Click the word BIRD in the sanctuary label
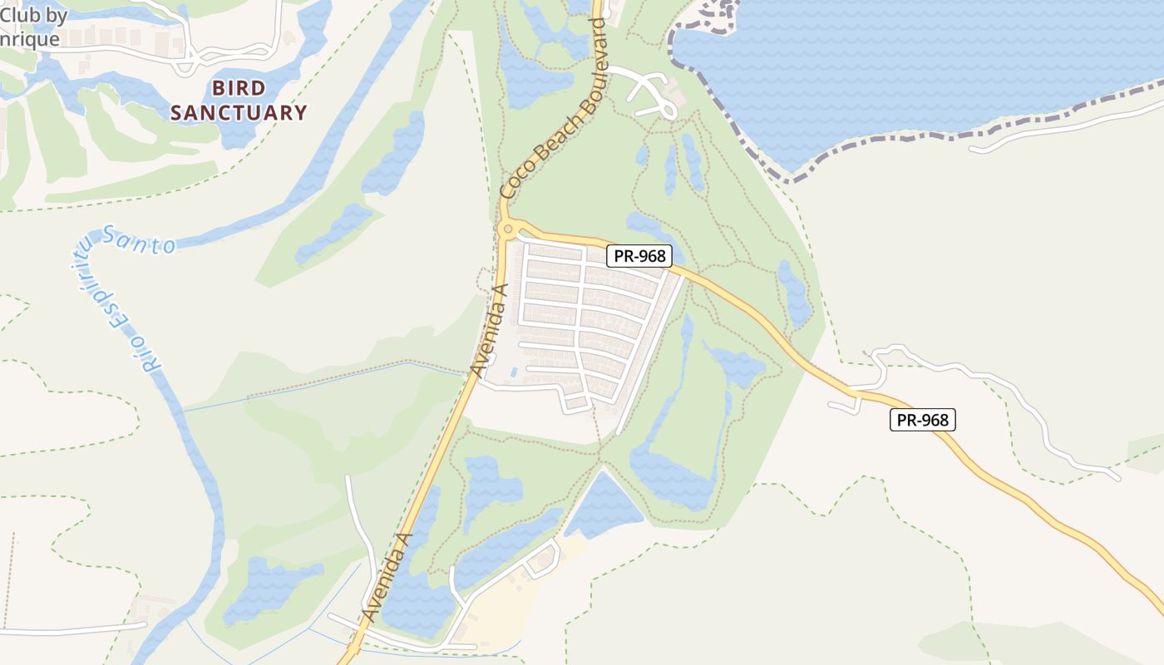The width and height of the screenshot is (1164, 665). click(239, 88)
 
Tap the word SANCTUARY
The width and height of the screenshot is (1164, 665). click(239, 113)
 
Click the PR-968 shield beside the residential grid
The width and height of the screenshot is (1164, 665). click(639, 256)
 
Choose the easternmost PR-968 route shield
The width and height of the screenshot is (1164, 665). click(923, 420)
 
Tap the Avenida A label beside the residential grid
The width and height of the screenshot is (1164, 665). click(488, 330)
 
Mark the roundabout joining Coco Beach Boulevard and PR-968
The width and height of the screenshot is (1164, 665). click(507, 229)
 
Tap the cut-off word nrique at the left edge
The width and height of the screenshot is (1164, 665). click(30, 39)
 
